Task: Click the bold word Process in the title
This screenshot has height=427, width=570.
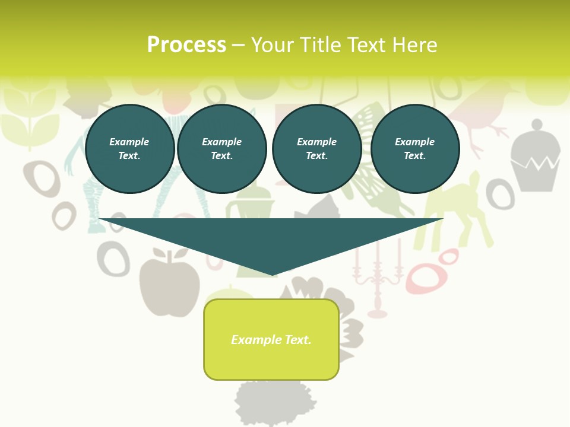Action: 186,45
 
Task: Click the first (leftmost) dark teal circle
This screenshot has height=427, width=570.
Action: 129,149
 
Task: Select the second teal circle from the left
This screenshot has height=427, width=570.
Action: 221,149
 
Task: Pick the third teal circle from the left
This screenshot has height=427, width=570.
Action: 316,149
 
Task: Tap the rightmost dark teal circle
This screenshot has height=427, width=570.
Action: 414,149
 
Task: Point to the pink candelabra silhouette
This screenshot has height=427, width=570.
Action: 377,279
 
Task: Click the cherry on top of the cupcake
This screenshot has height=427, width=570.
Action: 536,125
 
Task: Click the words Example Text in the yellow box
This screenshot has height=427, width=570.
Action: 271,340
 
